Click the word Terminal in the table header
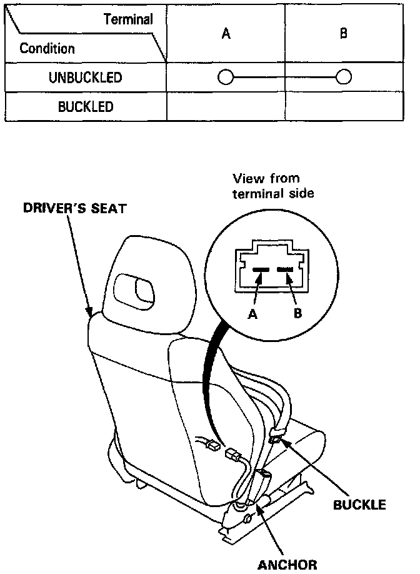pos(127,20)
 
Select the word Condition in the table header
pos(47,48)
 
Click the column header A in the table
pos(226,34)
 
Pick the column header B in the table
pos(343,34)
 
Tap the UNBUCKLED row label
pos(85,78)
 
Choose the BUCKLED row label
pos(86,106)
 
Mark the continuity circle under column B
pos(343,78)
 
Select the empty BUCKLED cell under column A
pos(226,106)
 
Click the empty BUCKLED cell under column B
pos(343,106)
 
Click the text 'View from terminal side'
pos(273,186)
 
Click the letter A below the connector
pos(253,314)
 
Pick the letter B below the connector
pos(297,314)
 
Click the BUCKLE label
pos(359,504)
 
